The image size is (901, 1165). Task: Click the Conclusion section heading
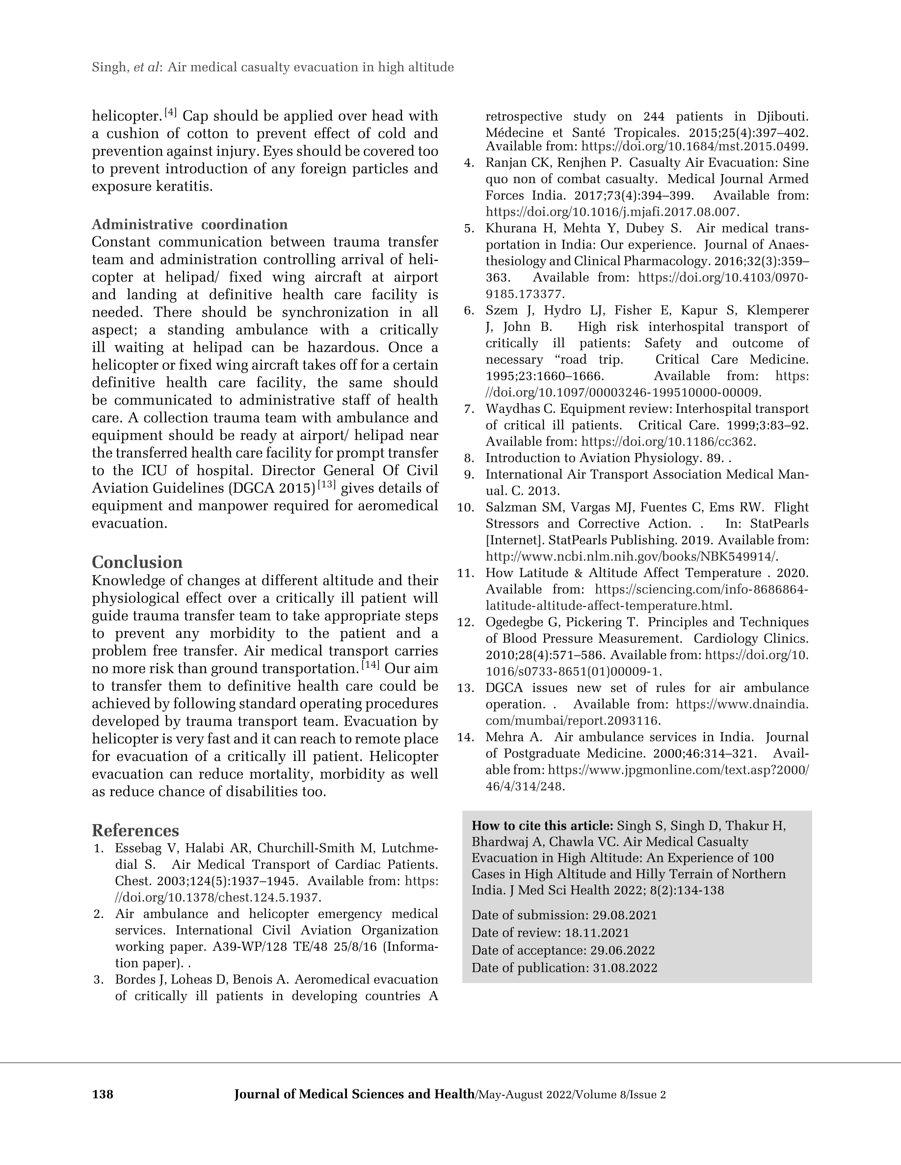(x=137, y=562)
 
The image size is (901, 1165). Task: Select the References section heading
(x=135, y=831)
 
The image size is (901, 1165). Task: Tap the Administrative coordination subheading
(x=189, y=224)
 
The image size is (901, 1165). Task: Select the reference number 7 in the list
(x=470, y=409)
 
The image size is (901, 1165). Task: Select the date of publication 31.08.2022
(x=625, y=968)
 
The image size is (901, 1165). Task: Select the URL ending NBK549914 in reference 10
(x=632, y=557)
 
